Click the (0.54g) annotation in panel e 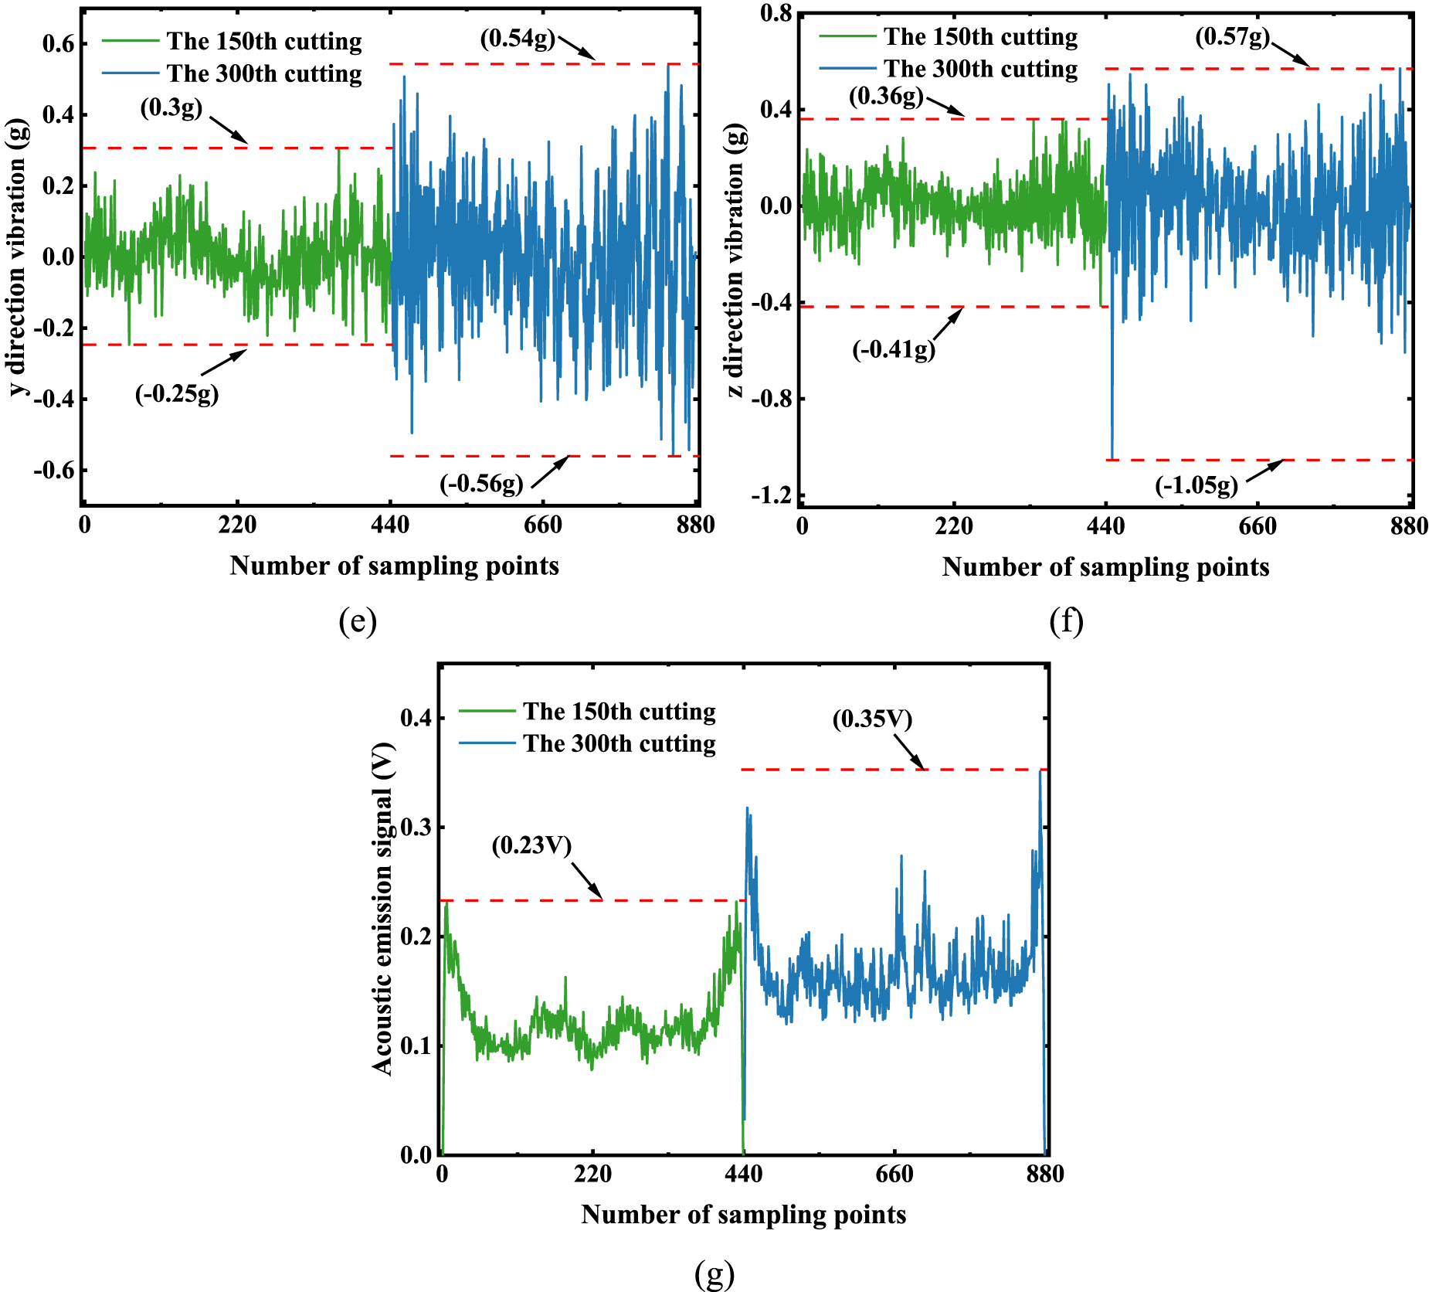tap(518, 39)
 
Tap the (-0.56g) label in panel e tap(481, 484)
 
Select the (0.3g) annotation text tap(171, 108)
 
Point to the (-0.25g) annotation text tap(177, 394)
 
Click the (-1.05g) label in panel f tap(1196, 485)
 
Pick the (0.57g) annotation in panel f tap(1233, 36)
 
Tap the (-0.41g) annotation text tap(894, 350)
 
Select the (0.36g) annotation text tap(886, 97)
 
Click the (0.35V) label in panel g tap(872, 719)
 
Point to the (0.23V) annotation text tap(531, 845)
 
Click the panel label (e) tap(358, 621)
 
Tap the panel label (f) tap(1066, 621)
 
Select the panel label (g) tap(714, 1273)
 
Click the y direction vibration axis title tap(17, 257)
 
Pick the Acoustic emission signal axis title tap(382, 909)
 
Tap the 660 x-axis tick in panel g tap(894, 1175)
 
